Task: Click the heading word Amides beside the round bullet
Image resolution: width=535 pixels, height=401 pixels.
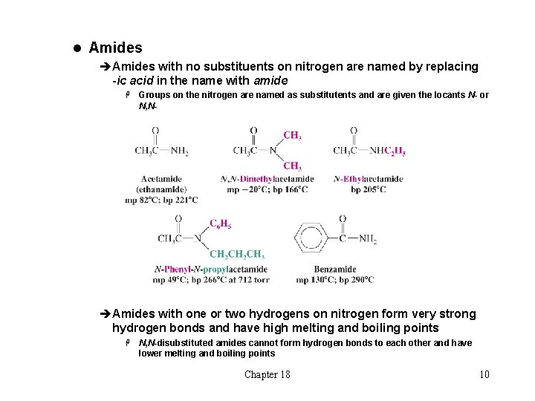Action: point(115,48)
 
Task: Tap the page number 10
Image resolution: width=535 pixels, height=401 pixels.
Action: point(484,374)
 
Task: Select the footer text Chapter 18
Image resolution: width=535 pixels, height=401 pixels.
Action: point(267,374)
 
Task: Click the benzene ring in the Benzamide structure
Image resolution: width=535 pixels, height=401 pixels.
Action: point(311,238)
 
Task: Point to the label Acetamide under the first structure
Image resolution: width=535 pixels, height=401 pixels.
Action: point(161,179)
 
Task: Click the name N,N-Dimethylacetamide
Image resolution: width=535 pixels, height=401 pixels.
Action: point(267,179)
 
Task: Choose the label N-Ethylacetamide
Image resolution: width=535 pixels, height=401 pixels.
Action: point(369,179)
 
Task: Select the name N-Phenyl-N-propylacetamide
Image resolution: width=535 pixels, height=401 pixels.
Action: point(210,270)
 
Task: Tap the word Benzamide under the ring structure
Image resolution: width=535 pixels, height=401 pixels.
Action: point(335,270)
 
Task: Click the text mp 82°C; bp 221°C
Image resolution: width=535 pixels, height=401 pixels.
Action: point(161,200)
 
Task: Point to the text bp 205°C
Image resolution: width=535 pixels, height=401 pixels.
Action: point(369,189)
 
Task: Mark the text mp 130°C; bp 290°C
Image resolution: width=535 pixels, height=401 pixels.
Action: point(335,280)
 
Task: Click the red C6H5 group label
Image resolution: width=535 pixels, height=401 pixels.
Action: point(220,224)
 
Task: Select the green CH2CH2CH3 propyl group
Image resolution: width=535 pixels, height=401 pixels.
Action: point(237,254)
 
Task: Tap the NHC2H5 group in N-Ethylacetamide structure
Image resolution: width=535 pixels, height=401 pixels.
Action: point(388,151)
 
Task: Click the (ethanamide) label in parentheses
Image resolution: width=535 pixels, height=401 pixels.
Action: point(161,189)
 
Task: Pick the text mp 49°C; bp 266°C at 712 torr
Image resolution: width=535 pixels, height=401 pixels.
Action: point(210,280)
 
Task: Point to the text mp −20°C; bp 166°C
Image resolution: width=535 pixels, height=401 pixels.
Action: point(267,189)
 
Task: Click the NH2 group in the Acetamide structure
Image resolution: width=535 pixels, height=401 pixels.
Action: point(180,151)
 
